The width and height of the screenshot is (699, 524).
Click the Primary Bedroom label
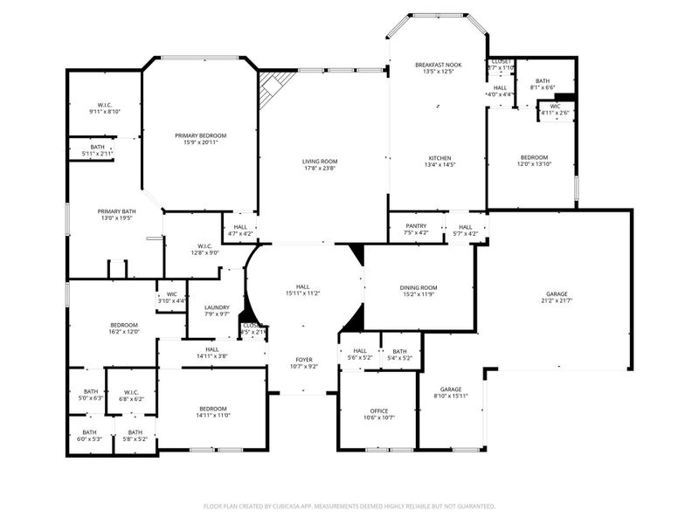tap(200, 135)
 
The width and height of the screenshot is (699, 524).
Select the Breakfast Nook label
tap(438, 65)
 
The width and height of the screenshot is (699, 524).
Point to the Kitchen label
tap(438, 157)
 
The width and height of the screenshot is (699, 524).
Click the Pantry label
tap(416, 225)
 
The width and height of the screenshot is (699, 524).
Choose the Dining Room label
tap(418, 287)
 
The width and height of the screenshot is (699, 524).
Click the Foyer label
tap(302, 359)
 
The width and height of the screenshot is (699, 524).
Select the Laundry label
tap(217, 307)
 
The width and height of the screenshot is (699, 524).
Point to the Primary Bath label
tap(116, 211)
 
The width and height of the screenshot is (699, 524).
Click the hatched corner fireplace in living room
tap(273, 86)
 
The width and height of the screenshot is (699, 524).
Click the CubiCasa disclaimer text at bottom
tap(349, 506)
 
